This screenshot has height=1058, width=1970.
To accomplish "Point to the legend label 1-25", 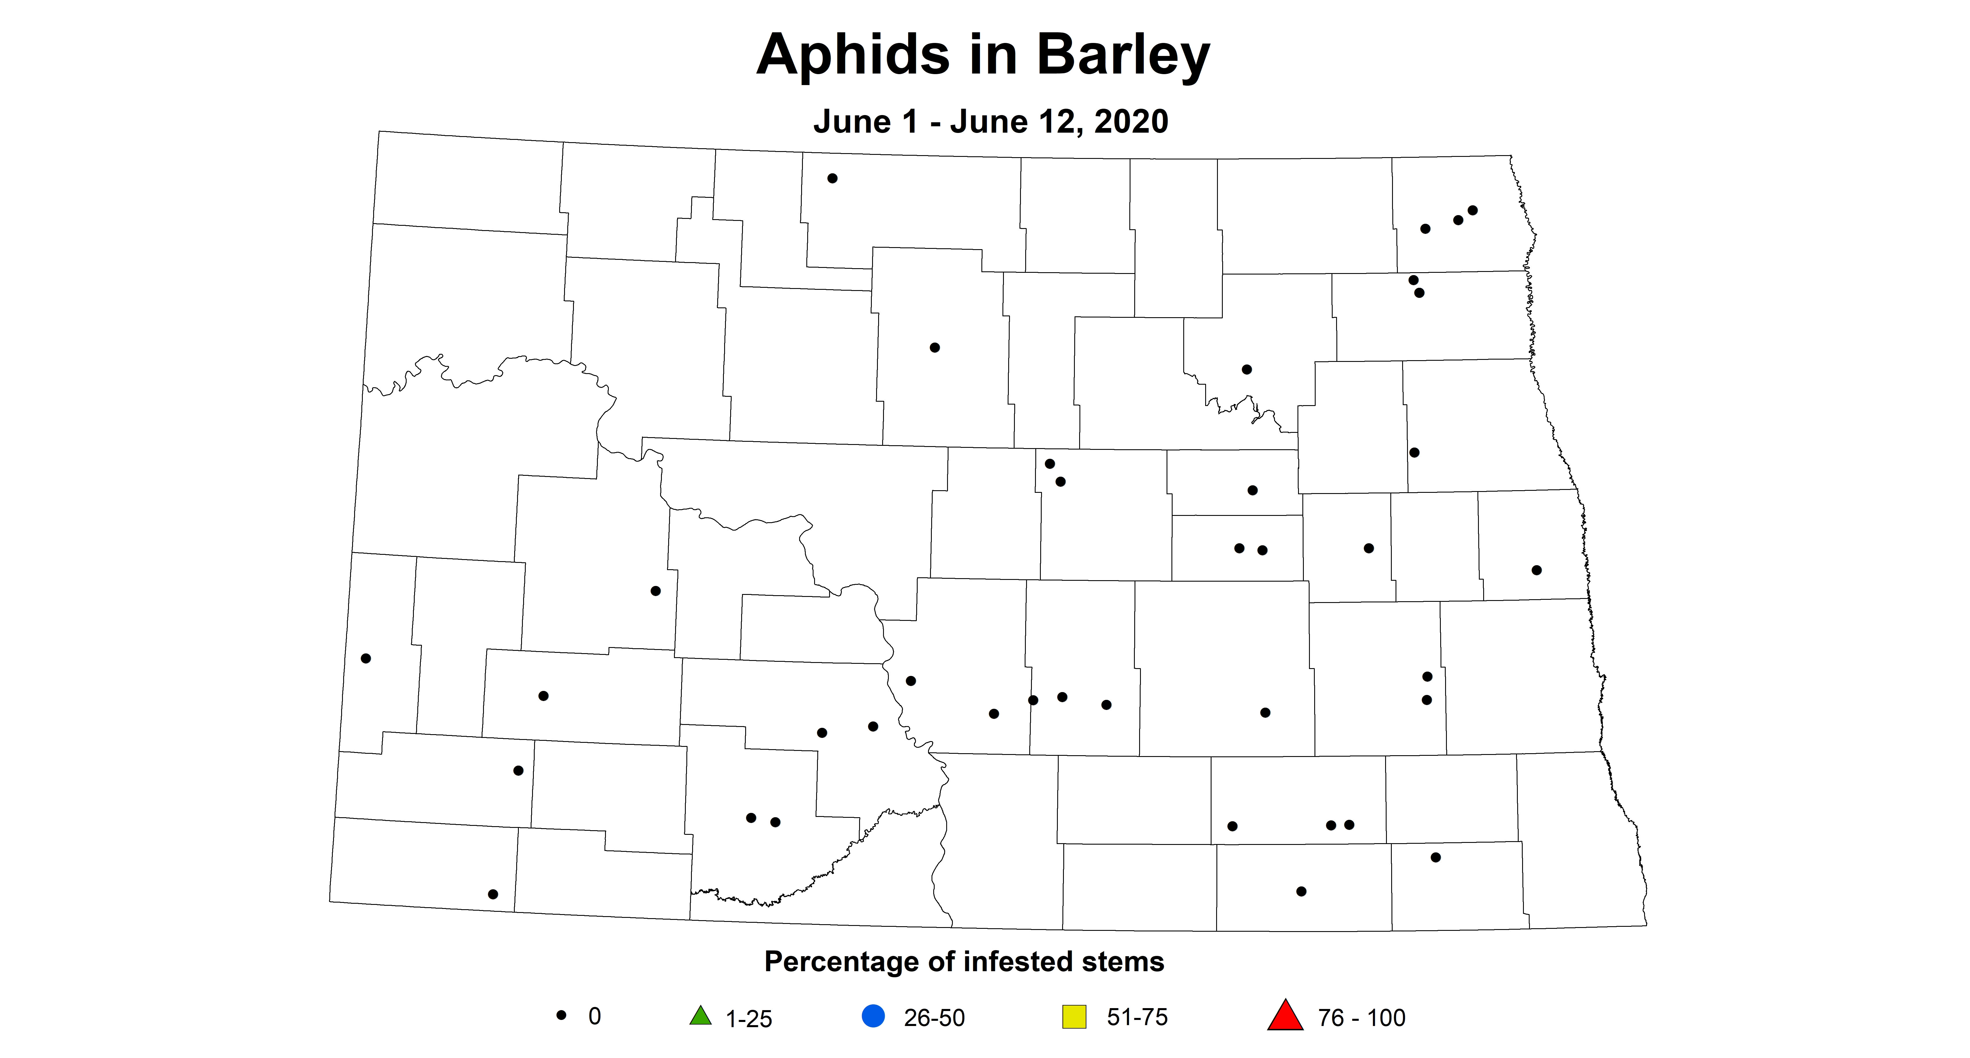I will pos(749,1018).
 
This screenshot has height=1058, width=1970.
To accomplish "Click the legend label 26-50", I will pos(934,1017).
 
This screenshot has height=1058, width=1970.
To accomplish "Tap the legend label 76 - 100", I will pos(1361,1017).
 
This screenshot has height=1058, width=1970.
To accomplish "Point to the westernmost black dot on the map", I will pos(366,658).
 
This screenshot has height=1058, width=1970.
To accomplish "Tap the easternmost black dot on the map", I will pos(1536,570).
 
